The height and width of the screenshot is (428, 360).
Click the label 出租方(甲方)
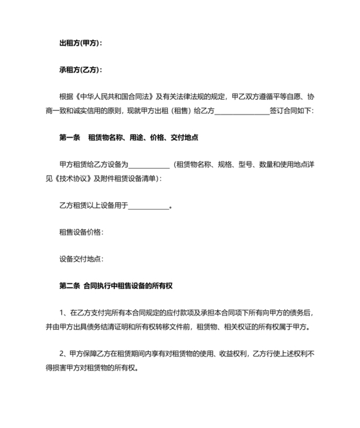[x=80, y=43]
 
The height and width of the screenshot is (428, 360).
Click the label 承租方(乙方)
[x=80, y=70]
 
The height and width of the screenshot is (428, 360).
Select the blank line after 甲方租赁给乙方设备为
[x=150, y=165]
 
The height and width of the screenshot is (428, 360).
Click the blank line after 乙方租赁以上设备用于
[x=149, y=207]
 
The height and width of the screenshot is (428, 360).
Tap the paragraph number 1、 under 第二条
[x=62, y=312]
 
